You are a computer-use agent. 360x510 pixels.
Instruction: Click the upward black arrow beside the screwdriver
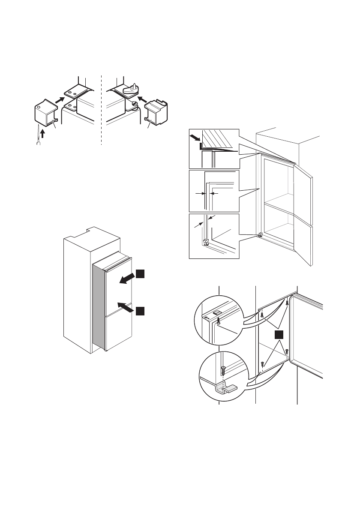[42, 134]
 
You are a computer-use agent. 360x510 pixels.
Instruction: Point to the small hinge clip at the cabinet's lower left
[259, 235]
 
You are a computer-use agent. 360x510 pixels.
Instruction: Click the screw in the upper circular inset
[219, 320]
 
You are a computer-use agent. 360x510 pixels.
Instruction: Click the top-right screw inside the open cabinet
[286, 303]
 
